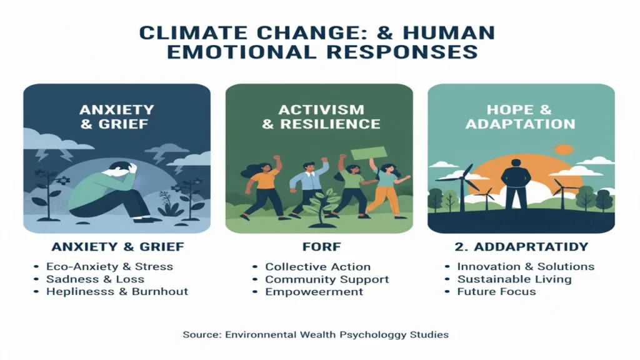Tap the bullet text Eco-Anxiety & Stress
(x=109, y=266)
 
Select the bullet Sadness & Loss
(x=95, y=279)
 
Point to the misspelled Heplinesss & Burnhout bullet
(x=117, y=291)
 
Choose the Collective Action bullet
(x=317, y=267)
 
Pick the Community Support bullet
(x=327, y=279)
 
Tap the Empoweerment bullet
(x=314, y=292)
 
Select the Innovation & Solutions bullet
(x=526, y=266)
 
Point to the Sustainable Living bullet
(x=514, y=279)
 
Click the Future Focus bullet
(x=496, y=291)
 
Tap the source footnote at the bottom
(x=316, y=334)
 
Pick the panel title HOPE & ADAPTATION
(x=521, y=116)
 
